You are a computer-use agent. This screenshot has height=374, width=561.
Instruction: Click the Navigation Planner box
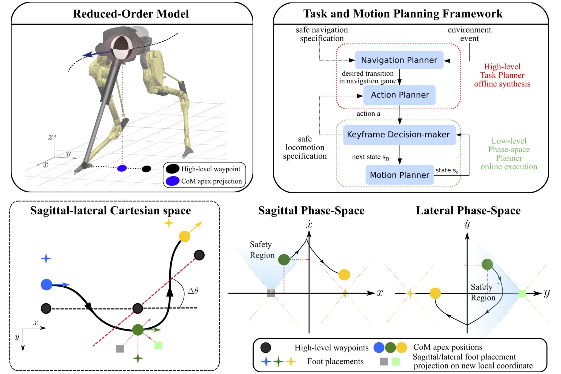(399, 60)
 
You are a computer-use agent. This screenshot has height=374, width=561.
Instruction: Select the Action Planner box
(399, 95)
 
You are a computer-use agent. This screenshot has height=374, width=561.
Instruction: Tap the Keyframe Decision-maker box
(399, 135)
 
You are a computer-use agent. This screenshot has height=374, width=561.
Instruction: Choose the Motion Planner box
(399, 175)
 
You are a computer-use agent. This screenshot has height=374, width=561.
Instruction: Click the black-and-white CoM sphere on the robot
(122, 47)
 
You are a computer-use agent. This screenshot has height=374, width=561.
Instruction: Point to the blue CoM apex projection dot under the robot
(122, 168)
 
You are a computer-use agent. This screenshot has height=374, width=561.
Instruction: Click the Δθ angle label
(193, 291)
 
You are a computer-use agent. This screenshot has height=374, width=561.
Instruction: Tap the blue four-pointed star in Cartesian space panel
(46, 258)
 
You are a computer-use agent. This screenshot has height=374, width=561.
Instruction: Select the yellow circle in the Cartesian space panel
(184, 236)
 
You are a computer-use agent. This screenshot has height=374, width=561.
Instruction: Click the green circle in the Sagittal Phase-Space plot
(284, 259)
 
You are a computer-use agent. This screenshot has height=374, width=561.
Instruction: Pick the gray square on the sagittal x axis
(271, 293)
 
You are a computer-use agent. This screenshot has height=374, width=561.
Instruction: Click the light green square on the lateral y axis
(522, 293)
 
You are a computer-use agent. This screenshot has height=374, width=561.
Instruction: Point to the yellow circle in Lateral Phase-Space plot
(435, 293)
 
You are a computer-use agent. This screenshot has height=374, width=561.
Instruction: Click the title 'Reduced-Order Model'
(131, 14)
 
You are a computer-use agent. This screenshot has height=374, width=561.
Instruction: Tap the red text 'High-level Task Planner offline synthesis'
(502, 75)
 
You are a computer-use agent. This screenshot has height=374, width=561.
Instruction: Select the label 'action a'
(368, 114)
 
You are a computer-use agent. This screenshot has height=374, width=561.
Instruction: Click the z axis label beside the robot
(50, 137)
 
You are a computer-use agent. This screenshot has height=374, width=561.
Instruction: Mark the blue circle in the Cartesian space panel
(47, 285)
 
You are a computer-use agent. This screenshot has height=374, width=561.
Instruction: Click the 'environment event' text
(469, 34)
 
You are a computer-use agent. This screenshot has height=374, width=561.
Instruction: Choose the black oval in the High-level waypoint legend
(172, 169)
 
